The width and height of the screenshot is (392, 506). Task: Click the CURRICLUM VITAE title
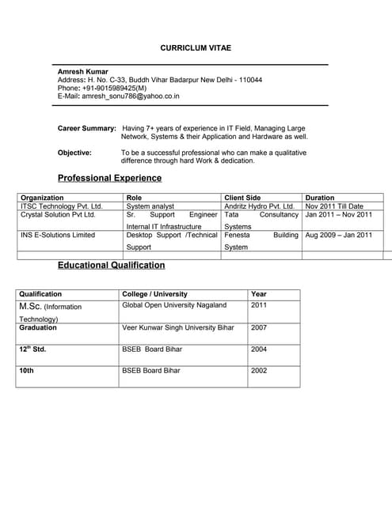[x=196, y=48]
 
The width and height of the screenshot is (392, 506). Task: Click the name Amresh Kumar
[x=82, y=72]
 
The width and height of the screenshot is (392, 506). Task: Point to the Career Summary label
[x=87, y=128]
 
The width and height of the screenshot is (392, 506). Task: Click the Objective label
[x=74, y=153]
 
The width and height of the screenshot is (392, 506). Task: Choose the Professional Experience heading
[x=109, y=178]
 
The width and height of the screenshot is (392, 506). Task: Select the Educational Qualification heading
[x=112, y=265]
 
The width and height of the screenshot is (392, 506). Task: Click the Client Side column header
[x=242, y=198]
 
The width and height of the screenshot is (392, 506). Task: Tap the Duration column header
[x=320, y=198]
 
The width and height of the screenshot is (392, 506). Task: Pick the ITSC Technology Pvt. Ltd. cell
[x=62, y=206]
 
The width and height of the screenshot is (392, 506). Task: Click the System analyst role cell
[x=150, y=206]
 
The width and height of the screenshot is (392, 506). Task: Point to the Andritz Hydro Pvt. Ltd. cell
[x=260, y=206]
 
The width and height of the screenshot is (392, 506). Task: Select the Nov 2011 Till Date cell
[x=334, y=206]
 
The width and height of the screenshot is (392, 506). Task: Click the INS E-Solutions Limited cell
[x=58, y=235]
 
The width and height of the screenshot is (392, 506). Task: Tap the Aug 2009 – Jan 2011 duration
[x=339, y=235]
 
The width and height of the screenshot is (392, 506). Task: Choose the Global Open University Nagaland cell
[x=174, y=305]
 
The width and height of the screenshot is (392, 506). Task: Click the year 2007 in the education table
[x=259, y=327]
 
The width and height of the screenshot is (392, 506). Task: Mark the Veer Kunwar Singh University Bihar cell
[x=178, y=327]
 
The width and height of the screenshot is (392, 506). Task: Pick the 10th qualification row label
[x=26, y=370]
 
